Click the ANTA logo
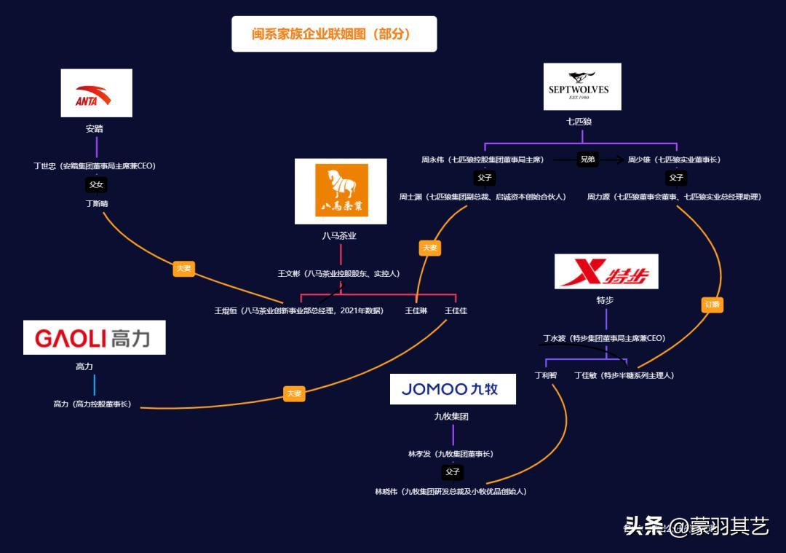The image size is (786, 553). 96,93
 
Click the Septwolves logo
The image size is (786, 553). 581,87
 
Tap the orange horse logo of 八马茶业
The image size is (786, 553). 341,191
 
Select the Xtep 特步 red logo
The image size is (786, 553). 606,272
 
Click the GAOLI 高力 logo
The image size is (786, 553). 94,337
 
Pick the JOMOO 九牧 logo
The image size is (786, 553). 452,389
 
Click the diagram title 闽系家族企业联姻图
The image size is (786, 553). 334,34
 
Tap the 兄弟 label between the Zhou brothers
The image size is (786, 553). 587,159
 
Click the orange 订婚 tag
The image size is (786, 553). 712,305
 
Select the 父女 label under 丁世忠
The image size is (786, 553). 96,184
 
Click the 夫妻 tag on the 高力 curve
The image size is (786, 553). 294,393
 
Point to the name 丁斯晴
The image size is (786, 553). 96,203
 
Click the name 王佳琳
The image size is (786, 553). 416,311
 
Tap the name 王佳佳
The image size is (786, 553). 456,311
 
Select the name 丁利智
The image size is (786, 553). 545,375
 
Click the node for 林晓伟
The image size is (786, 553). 450,492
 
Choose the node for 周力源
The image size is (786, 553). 674,197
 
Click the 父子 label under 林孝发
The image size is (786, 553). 453,472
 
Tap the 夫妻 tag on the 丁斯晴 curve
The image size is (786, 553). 183,268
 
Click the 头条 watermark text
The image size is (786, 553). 644,526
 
